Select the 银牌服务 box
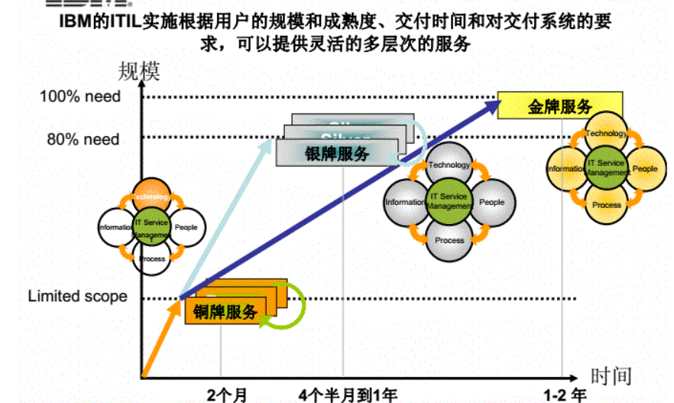(336, 153)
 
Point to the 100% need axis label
(80, 96)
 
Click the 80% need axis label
(83, 139)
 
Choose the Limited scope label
(77, 296)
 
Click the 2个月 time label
(227, 395)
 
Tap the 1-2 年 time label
(565, 395)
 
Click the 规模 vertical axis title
(139, 73)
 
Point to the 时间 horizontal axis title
(611, 375)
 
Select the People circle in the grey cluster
(491, 202)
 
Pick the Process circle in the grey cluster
(449, 239)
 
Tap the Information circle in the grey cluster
(405, 202)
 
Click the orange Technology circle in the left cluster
(151, 197)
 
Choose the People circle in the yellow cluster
(645, 168)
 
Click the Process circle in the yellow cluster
(607, 204)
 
